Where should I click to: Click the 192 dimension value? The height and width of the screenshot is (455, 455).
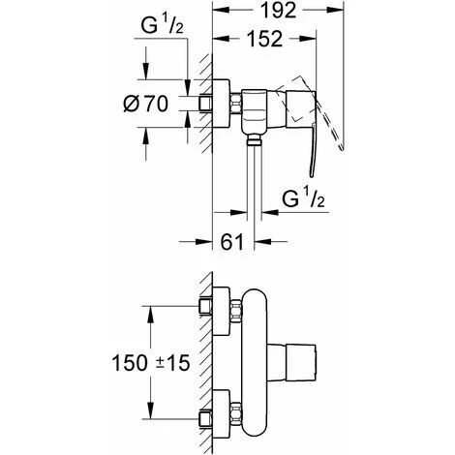point(278,11)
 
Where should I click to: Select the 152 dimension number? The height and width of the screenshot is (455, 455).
point(264,39)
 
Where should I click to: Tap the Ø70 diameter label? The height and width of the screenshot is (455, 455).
point(146,104)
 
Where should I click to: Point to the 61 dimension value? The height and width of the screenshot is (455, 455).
point(231,241)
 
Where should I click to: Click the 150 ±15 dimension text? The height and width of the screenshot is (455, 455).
point(151,363)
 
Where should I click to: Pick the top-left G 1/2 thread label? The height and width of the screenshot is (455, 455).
point(162,25)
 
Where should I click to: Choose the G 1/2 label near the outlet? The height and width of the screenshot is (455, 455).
point(303,198)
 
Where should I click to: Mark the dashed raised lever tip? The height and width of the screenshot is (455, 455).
point(342,148)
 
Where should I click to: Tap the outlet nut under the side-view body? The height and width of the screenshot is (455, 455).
point(254,140)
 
